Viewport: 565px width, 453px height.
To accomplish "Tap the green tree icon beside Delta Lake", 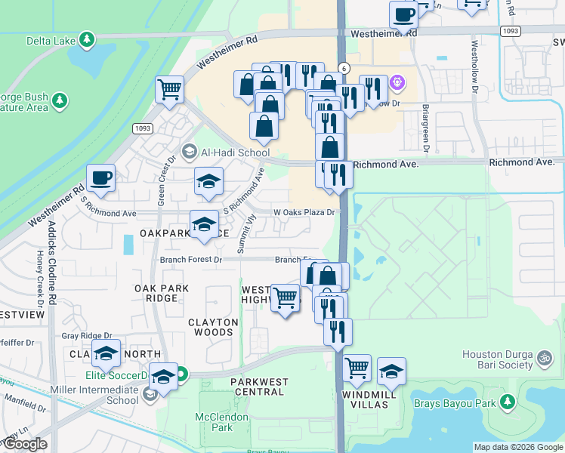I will coord(88,39).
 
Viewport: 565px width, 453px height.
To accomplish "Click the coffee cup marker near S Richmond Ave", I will coord(100,180).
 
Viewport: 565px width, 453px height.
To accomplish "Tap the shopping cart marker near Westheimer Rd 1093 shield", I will coord(169,89).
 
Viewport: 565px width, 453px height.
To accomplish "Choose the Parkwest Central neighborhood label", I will coord(259,387).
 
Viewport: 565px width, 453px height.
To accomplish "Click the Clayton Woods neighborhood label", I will coord(214,327).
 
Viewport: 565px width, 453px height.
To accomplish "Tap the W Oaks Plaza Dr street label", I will coord(303,213).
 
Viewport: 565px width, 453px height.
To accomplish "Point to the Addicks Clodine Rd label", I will coord(51,248).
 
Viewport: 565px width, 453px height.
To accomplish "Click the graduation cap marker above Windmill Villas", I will coord(391,372).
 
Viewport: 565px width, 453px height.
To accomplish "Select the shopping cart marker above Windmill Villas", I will coord(357,369).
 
